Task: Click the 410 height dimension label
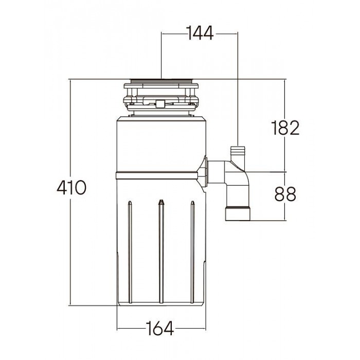click(x=70, y=187)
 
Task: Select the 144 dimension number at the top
click(x=200, y=34)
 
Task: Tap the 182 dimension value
click(x=285, y=127)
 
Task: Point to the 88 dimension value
click(x=285, y=194)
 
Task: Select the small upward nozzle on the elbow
click(x=238, y=154)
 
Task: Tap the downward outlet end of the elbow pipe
click(x=238, y=213)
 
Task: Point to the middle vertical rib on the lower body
click(x=161, y=252)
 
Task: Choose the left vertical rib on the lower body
click(x=130, y=252)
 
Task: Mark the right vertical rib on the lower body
click(x=192, y=252)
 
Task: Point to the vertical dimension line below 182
click(x=285, y=154)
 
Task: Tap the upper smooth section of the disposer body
click(x=161, y=144)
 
